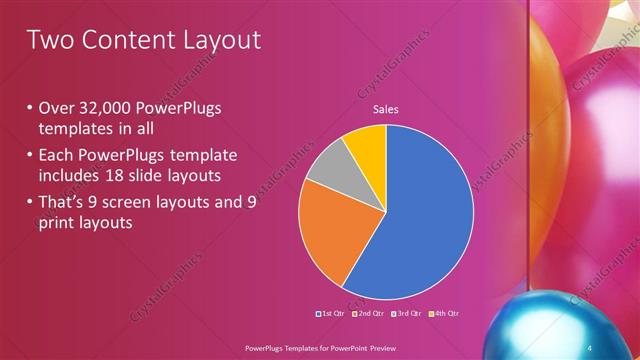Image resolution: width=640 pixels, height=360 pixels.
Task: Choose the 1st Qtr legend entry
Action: tap(331, 315)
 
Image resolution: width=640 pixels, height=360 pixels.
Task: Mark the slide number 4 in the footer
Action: tap(591, 347)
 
